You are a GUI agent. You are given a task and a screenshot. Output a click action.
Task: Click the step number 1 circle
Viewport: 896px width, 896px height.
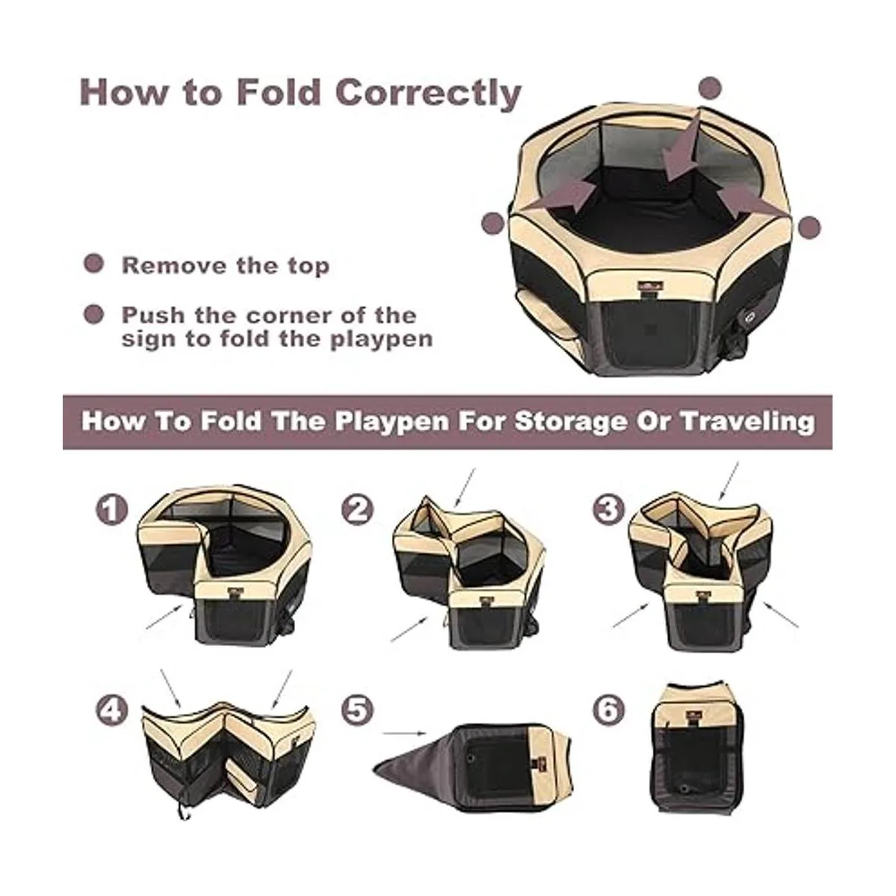(111, 510)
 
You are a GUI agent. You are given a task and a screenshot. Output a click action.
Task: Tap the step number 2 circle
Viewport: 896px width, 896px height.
(357, 510)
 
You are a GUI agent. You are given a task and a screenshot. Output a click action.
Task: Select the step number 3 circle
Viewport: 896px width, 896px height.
(609, 510)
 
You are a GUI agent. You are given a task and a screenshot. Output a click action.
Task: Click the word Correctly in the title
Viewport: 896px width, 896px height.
(429, 94)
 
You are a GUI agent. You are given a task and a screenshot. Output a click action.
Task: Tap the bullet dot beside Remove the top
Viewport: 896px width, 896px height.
(93, 264)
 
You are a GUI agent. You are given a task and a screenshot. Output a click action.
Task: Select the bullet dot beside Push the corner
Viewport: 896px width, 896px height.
(93, 315)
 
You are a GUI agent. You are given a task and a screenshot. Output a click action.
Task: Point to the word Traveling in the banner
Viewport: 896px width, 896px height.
(748, 422)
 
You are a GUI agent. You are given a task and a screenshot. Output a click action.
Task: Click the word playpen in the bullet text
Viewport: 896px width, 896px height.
(382, 340)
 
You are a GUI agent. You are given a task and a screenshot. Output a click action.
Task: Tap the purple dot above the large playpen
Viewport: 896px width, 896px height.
(710, 88)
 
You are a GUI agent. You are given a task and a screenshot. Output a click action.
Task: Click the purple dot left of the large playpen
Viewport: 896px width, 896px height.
(493, 224)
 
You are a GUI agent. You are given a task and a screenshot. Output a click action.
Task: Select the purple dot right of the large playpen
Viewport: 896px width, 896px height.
(809, 228)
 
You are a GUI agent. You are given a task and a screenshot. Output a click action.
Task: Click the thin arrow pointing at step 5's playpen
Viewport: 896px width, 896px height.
(404, 733)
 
